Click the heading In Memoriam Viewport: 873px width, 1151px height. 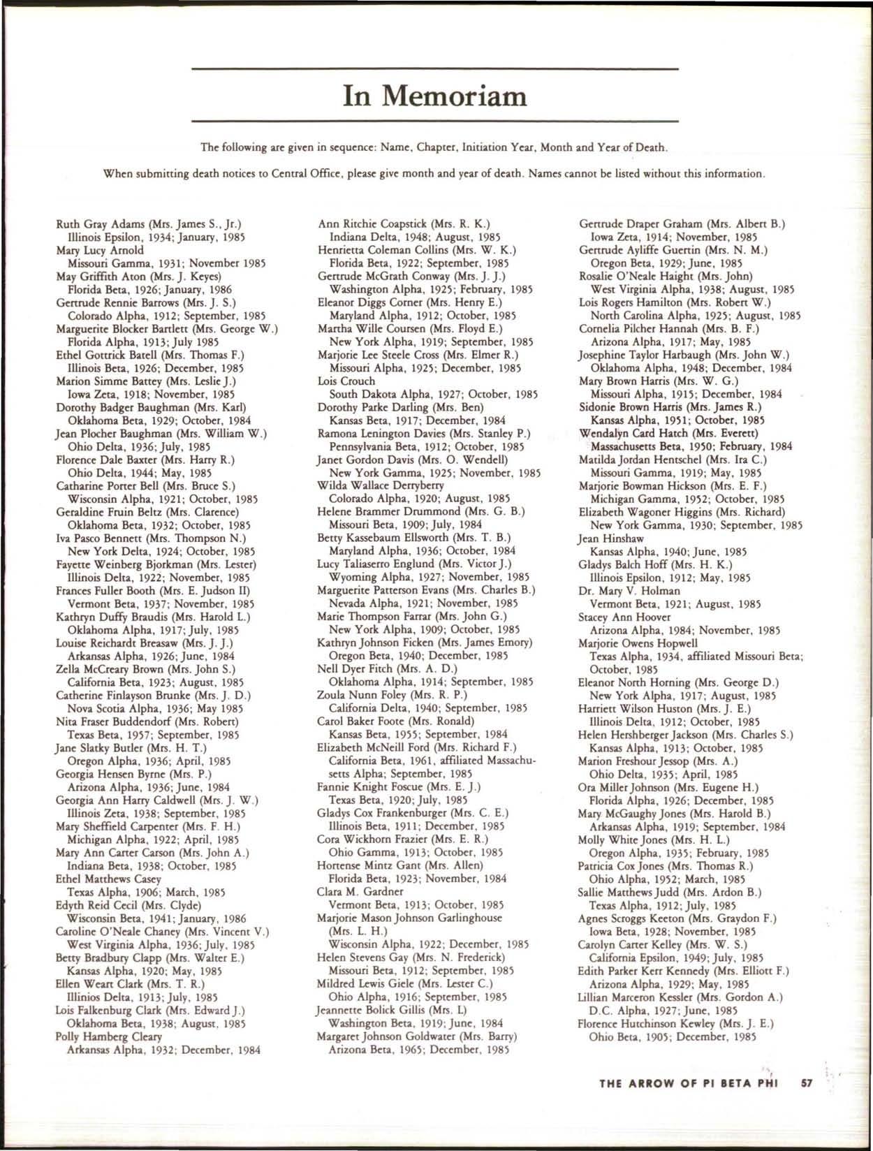(435, 95)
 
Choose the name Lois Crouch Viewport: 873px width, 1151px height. (346, 381)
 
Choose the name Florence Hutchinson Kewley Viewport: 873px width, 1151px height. (647, 1022)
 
